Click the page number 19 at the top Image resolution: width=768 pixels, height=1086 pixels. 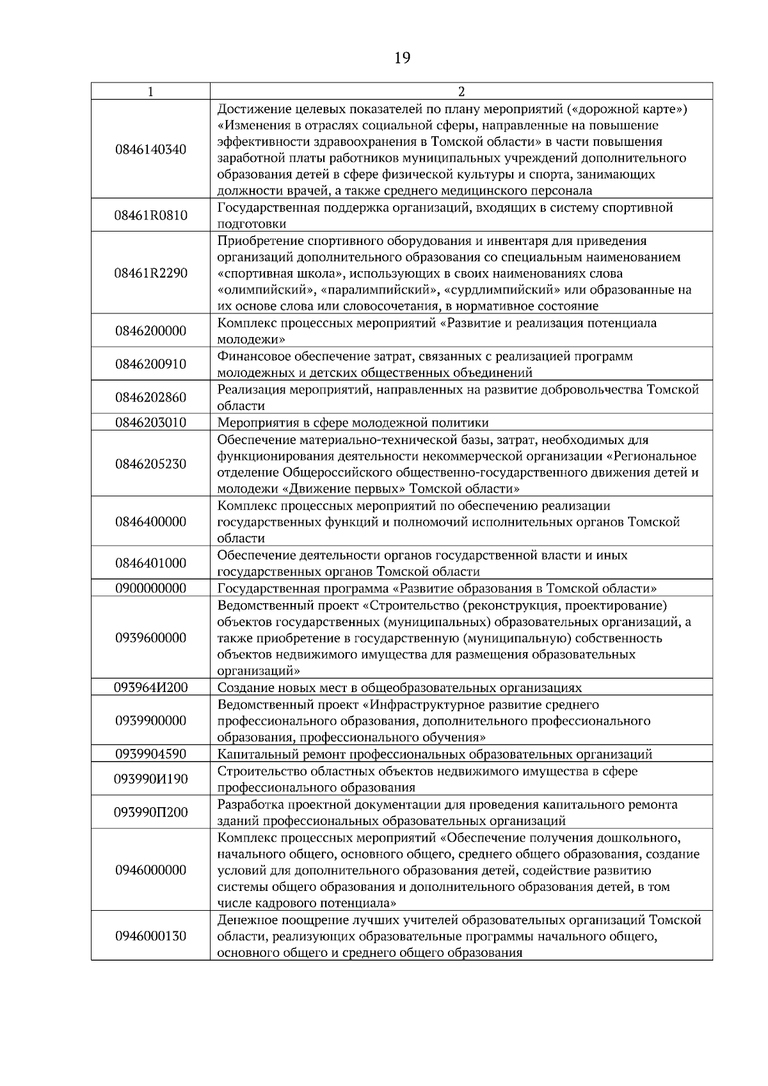tap(402, 59)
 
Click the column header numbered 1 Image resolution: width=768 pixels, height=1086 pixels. tap(150, 91)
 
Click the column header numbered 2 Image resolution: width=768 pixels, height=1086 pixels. tap(461, 91)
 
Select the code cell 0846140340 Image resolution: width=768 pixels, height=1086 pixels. tap(150, 150)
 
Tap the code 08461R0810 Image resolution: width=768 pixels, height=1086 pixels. tap(150, 216)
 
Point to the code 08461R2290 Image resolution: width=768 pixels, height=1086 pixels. tap(150, 274)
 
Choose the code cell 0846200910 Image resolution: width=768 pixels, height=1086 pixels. tap(150, 365)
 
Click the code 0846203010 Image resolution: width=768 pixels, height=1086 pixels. tap(150, 423)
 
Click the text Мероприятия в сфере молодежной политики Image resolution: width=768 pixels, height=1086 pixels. tap(353, 423)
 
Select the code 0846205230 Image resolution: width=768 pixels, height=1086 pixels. tap(150, 464)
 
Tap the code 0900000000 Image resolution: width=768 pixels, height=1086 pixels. tap(150, 588)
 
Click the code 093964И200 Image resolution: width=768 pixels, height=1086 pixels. tap(150, 688)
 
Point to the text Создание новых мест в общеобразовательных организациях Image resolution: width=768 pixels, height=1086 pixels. tap(399, 688)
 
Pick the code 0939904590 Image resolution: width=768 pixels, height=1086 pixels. tap(150, 754)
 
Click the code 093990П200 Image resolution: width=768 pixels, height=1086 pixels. tap(150, 813)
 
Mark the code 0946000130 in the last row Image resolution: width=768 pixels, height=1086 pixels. tap(150, 936)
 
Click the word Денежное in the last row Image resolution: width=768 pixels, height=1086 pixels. tap(244, 920)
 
